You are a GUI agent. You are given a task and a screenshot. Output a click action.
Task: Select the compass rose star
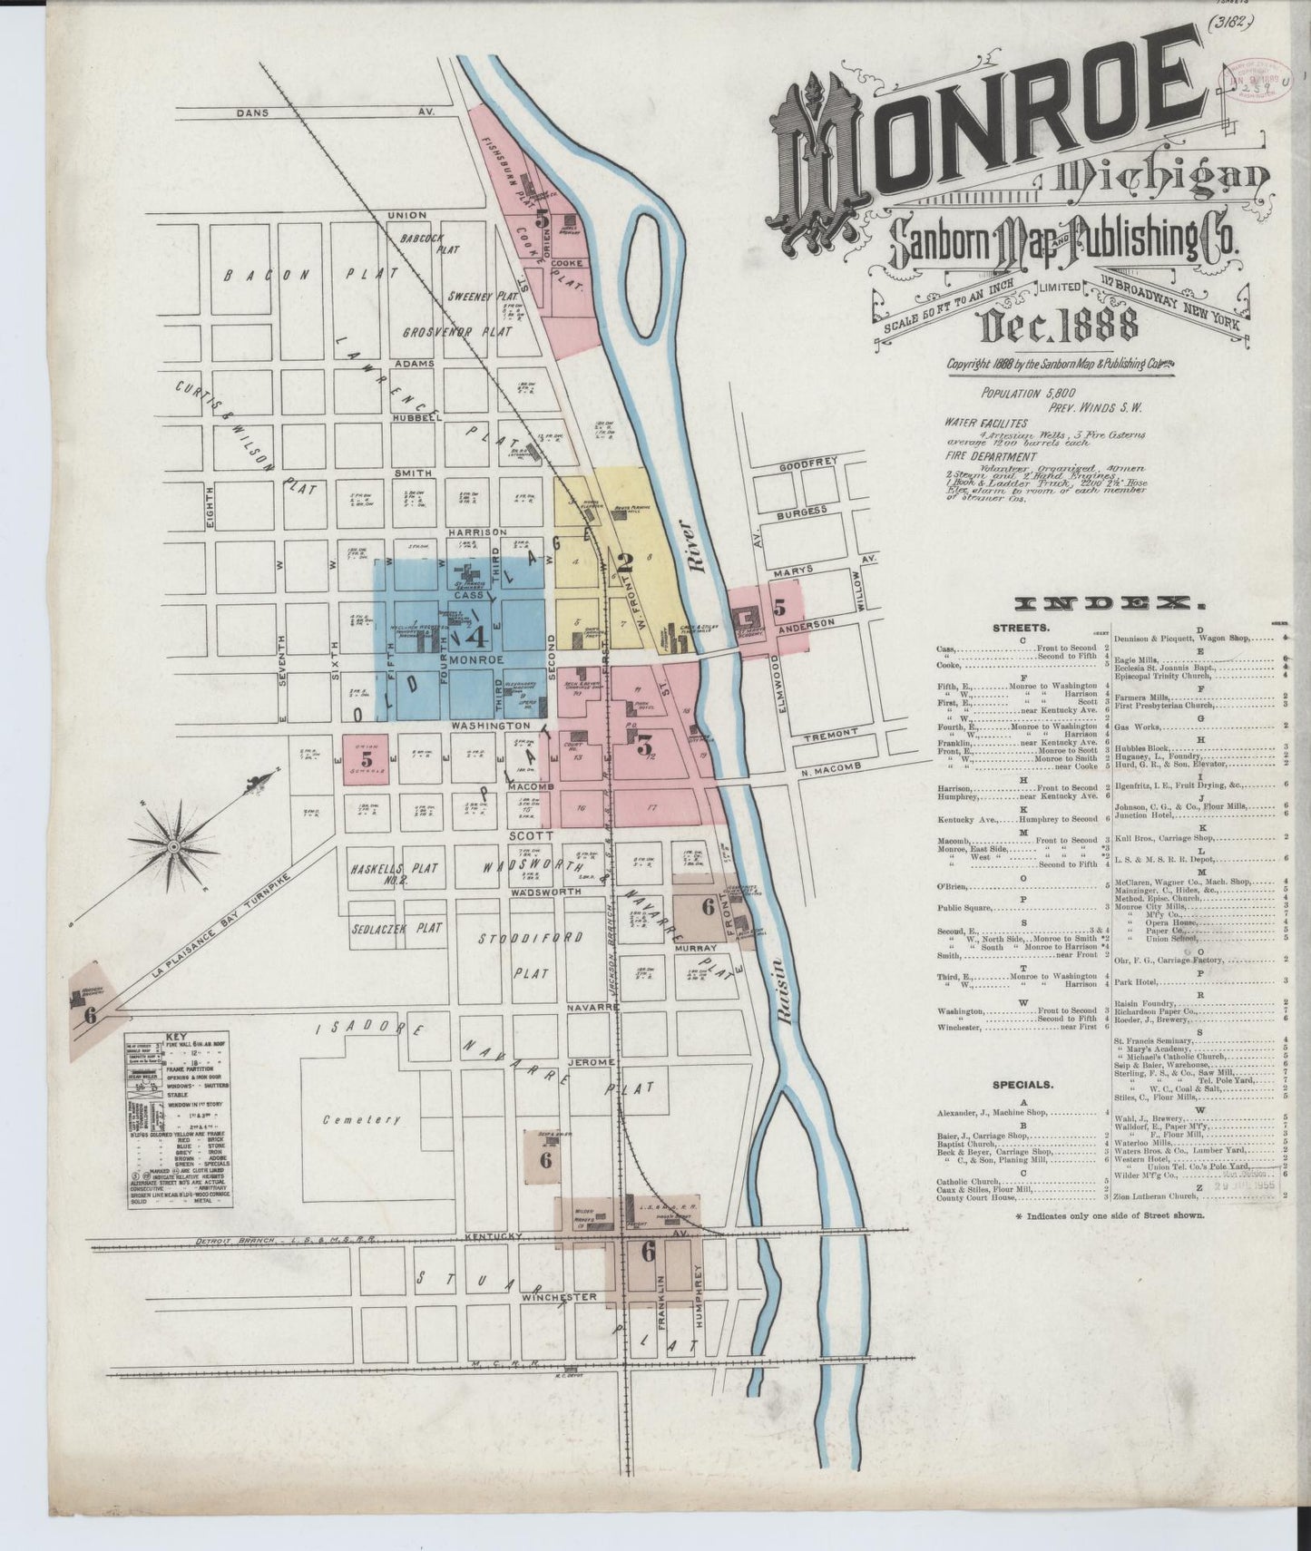coord(172,845)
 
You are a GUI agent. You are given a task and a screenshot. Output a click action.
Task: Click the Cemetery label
coord(361,1119)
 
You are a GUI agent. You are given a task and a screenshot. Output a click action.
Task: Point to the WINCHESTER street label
coord(559,1297)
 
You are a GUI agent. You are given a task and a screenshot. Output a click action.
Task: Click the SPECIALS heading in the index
coord(1022,1084)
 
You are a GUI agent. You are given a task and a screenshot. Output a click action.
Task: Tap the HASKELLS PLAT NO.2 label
coord(394,873)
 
